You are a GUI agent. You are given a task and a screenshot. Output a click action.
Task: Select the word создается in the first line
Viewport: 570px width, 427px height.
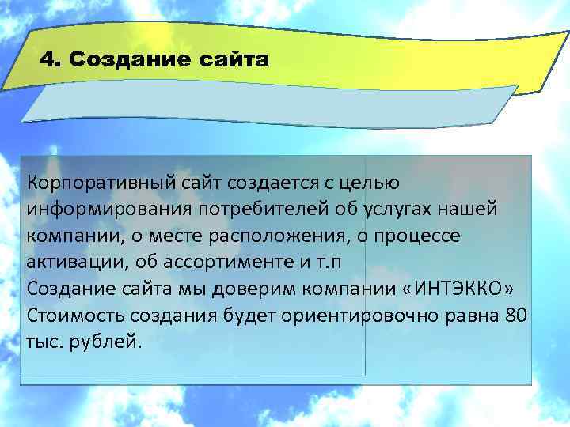tap(271, 183)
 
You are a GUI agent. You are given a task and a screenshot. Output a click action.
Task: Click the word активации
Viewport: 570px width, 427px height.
tap(70, 263)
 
